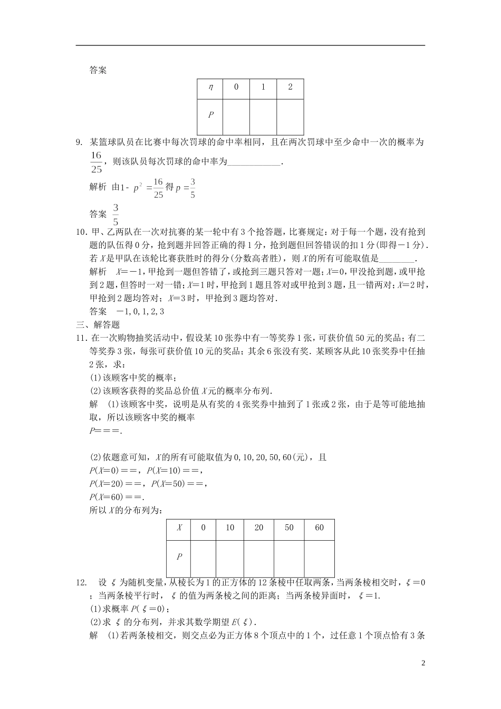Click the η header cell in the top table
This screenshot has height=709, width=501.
pyautogui.click(x=210, y=88)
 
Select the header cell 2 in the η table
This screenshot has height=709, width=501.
pyautogui.click(x=290, y=88)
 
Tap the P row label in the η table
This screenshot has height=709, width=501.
pyautogui.click(x=210, y=114)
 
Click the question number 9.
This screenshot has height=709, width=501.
pyautogui.click(x=80, y=142)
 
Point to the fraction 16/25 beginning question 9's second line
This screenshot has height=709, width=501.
pyautogui.click(x=95, y=162)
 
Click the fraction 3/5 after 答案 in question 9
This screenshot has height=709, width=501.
pyautogui.click(x=115, y=214)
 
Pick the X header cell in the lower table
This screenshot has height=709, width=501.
pyautogui.click(x=179, y=528)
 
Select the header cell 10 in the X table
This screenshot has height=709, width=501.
pyautogui.click(x=230, y=528)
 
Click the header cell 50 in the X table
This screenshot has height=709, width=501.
pyautogui.click(x=289, y=528)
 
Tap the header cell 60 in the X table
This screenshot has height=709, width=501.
pyautogui.click(x=319, y=528)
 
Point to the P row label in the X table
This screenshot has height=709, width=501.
pyautogui.click(x=179, y=557)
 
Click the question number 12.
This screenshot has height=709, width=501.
pyautogui.click(x=81, y=582)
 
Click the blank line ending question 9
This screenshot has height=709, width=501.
pyautogui.click(x=255, y=162)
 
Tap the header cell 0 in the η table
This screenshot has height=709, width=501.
pyautogui.click(x=236, y=88)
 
